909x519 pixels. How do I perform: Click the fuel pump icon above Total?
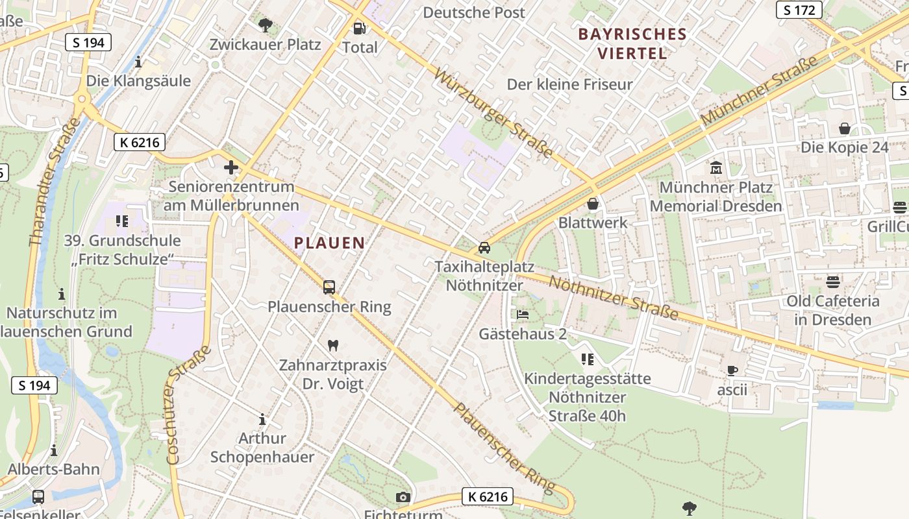click(x=359, y=28)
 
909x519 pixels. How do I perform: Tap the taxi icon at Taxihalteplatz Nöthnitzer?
click(x=484, y=248)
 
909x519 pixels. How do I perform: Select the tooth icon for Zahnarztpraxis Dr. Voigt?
click(x=334, y=346)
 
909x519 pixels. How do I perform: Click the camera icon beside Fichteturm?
click(x=403, y=497)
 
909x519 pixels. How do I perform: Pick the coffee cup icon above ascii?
click(x=732, y=370)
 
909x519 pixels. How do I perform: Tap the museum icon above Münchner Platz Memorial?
click(x=716, y=167)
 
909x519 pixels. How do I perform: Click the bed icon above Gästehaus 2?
click(x=523, y=315)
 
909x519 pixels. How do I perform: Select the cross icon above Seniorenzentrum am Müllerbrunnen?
click(x=231, y=167)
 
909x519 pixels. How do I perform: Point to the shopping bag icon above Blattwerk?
click(x=592, y=204)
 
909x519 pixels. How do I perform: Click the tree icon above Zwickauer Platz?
click(x=265, y=25)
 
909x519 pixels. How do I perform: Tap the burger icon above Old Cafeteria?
click(x=833, y=282)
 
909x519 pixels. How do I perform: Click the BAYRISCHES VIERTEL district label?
click(x=632, y=43)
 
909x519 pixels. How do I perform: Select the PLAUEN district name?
click(x=329, y=243)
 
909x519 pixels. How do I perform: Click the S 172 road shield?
click(x=799, y=10)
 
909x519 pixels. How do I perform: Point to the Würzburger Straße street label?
click(x=493, y=114)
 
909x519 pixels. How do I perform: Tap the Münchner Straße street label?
click(x=760, y=91)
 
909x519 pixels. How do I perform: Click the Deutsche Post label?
click(x=474, y=12)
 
